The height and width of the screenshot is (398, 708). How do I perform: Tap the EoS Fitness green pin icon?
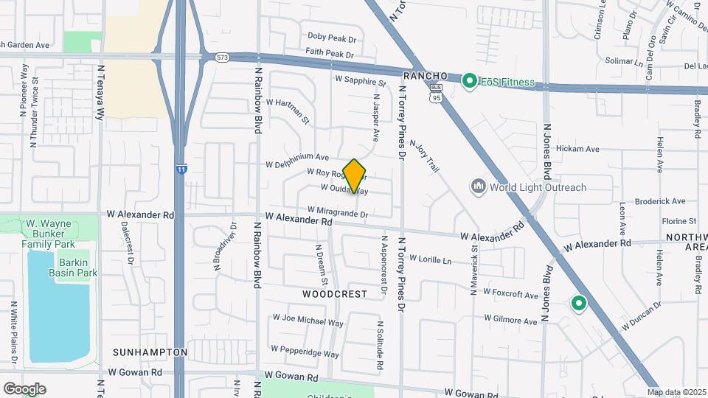pos(469,81)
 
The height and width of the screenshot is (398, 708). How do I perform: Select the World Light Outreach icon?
pos(478,187)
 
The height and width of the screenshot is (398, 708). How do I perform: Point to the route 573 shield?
pos(223,57)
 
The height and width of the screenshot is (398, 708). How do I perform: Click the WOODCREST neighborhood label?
pos(334,293)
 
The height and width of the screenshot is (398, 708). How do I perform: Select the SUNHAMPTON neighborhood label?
pos(150,352)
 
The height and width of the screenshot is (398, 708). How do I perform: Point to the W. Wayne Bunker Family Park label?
pos(49,233)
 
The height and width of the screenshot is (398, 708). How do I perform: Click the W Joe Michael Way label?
pos(308,320)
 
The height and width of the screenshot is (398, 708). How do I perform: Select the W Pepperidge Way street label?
pos(305,351)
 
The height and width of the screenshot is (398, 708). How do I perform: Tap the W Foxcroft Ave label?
pos(510,293)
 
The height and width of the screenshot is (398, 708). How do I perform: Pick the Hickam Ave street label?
pos(577,149)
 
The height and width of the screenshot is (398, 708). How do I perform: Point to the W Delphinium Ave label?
pos(297,158)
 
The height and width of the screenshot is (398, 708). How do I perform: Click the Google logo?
pos(24,388)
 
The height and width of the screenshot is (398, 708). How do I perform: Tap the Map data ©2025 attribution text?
pos(677,392)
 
